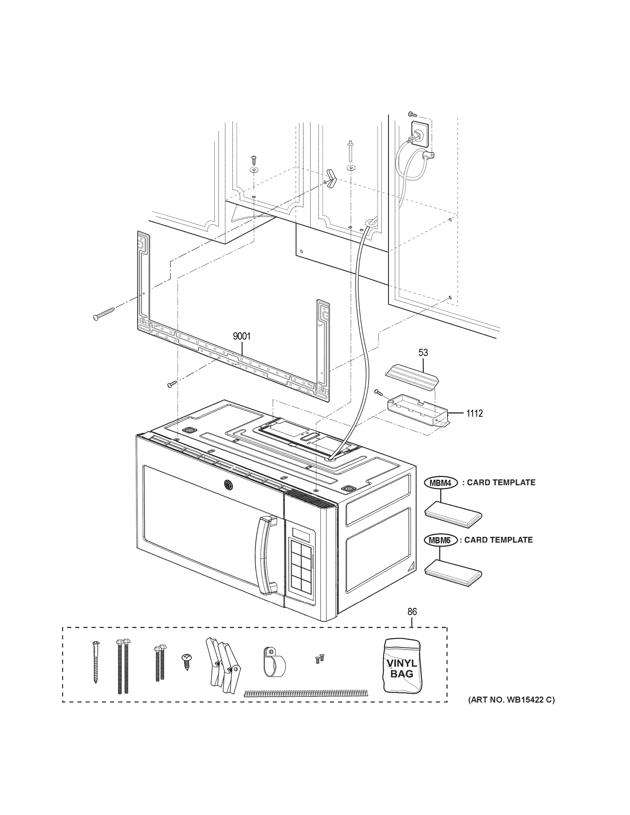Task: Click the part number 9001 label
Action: (x=241, y=336)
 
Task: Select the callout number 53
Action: (x=423, y=352)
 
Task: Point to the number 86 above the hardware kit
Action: (x=412, y=612)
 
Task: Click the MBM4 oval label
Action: (x=441, y=483)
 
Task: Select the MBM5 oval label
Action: (x=440, y=540)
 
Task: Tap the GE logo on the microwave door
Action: (x=227, y=485)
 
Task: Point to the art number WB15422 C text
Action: (x=511, y=700)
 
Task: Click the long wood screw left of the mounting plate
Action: (x=105, y=313)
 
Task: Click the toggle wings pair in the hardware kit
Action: (x=222, y=665)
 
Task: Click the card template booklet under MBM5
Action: (x=453, y=573)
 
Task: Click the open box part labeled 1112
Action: (x=417, y=411)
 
